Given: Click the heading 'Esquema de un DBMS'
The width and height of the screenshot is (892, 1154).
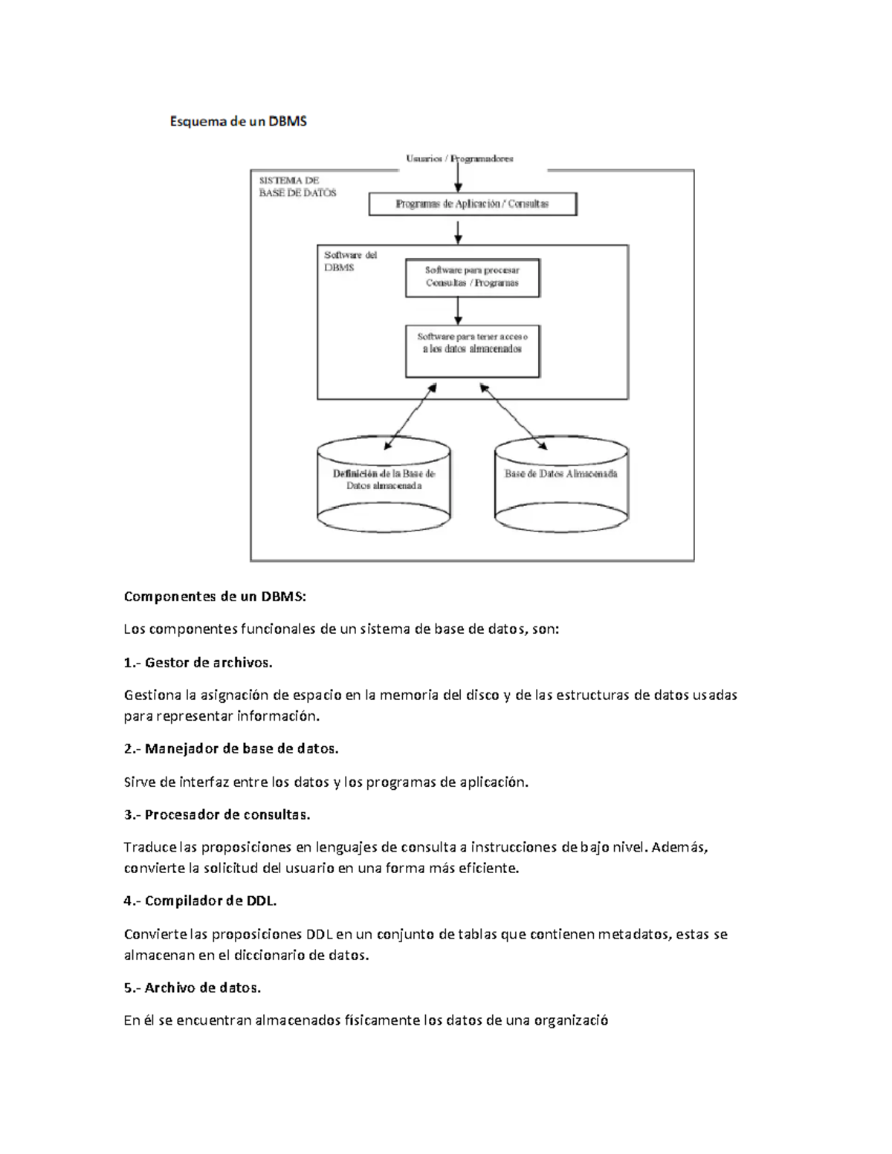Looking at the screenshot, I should pos(238,121).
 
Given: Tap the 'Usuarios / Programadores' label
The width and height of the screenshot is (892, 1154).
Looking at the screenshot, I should pos(459,158).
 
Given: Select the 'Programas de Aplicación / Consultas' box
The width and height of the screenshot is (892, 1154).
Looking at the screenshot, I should pos(473,204).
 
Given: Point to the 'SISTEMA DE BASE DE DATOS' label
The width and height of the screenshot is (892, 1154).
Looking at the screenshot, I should pos(297,187).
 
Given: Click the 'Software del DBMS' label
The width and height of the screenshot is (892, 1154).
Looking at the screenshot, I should pos(350,261).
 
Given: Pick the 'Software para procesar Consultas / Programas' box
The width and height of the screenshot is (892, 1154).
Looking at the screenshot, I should pos(473,277).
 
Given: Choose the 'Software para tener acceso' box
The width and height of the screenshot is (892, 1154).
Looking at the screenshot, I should pos(473,351).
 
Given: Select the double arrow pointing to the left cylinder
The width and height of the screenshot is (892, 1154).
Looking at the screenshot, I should pos(410,417).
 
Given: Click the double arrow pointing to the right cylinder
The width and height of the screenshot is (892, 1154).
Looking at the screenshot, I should pos(514,417).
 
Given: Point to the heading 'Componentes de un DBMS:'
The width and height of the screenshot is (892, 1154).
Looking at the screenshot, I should pos(215,597).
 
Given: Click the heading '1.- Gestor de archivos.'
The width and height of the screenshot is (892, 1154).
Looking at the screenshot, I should pos(198,662).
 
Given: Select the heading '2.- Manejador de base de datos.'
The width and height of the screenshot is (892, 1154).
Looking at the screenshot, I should pos(231,749).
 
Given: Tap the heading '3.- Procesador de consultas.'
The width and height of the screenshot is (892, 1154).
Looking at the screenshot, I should pos(217,814).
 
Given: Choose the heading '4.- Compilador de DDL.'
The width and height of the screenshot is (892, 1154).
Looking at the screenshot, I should pos(201,901).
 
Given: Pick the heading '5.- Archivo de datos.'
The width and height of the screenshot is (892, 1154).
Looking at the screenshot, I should pos(193,988).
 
